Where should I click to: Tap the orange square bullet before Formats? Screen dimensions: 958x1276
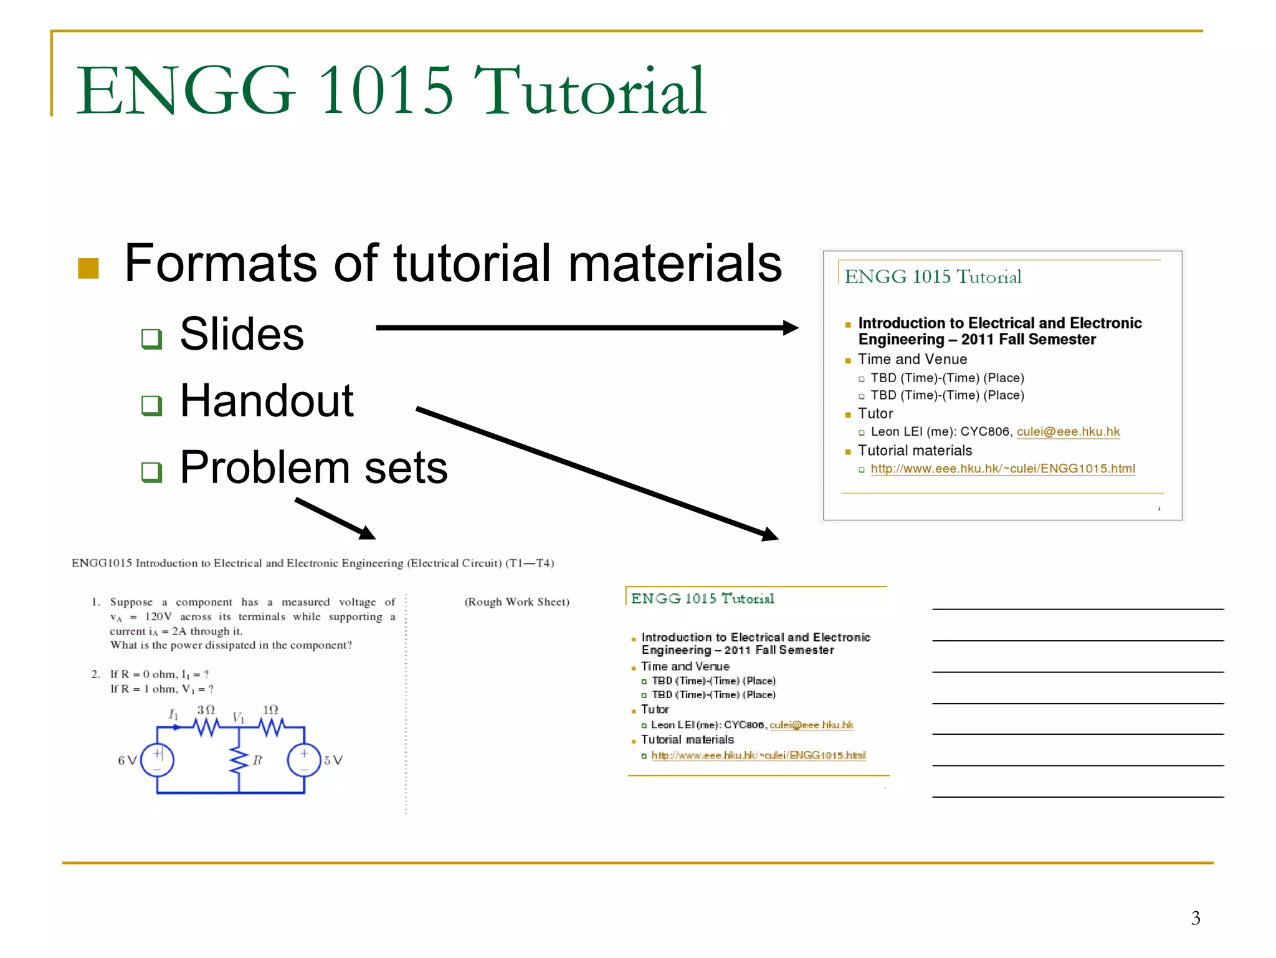pos(88,269)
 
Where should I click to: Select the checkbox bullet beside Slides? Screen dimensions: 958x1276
pos(151,338)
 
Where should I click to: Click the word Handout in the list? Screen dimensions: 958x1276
pos(267,401)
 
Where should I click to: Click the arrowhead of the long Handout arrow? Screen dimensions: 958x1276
pos(770,534)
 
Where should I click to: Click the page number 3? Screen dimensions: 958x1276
pos(1195,918)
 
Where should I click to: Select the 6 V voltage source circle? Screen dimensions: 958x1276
pos(157,760)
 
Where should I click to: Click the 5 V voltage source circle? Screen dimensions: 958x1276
pos(304,760)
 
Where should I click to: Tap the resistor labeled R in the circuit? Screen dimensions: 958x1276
pos(239,760)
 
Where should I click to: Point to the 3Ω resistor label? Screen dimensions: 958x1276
pos(206,710)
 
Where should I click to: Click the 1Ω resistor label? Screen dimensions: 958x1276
pos(270,710)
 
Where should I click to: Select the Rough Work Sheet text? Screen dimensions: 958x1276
pos(517,602)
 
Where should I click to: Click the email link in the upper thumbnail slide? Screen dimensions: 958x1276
pos(1068,432)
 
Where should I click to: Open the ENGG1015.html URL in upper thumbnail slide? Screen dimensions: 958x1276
pos(1002,469)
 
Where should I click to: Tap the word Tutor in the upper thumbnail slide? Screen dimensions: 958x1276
pos(875,414)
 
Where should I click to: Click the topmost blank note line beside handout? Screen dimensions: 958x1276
pos(1077,608)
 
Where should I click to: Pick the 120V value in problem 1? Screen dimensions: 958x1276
pos(158,617)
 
